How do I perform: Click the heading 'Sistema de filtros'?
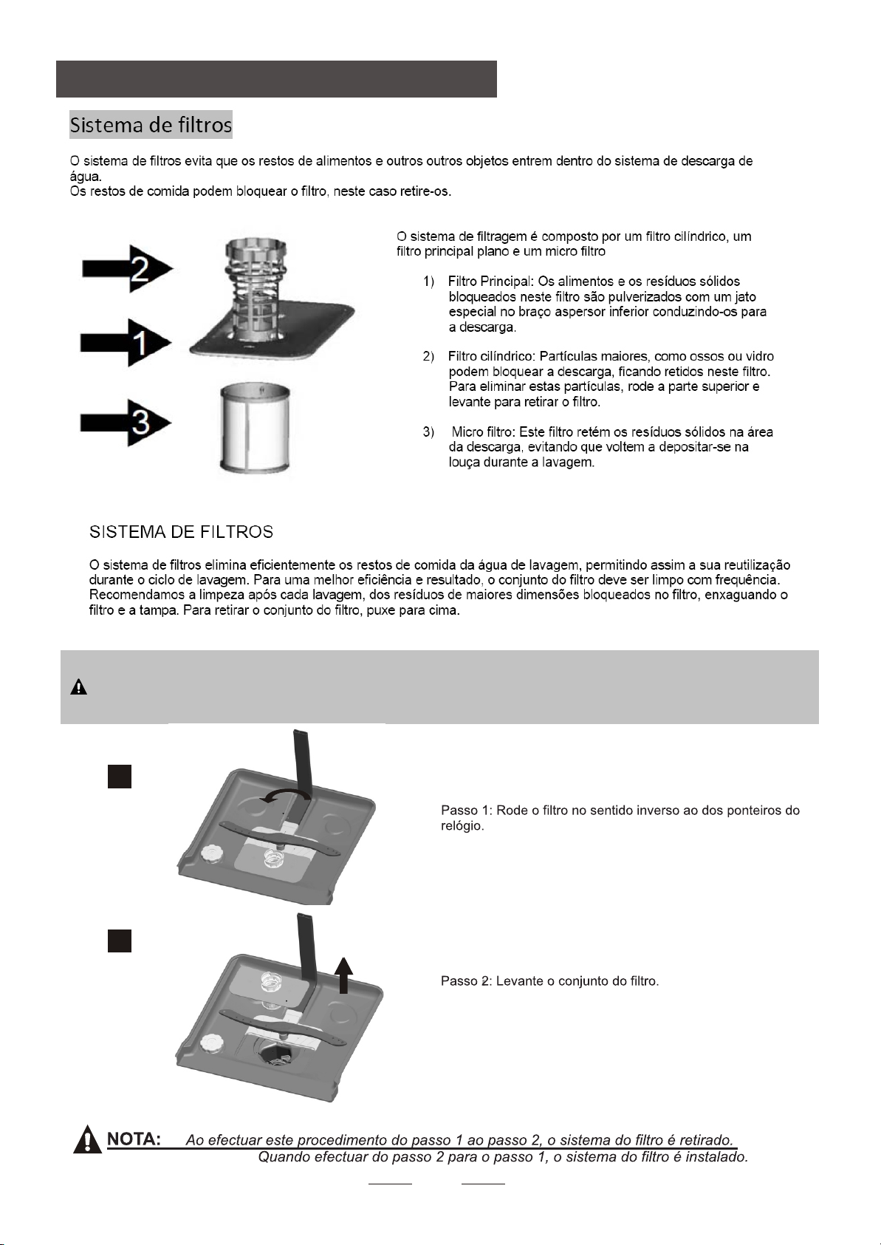[x=151, y=124]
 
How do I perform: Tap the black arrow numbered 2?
[x=126, y=269]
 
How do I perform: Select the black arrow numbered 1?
[x=126, y=342]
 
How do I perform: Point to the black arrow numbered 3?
[x=126, y=423]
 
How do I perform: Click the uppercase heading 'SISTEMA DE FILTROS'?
[x=181, y=532]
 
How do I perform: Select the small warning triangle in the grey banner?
[x=79, y=687]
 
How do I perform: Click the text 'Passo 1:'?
[x=465, y=811]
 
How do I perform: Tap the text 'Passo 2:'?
[x=465, y=981]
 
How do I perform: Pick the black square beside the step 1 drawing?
[x=120, y=777]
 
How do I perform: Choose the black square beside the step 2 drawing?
[x=120, y=940]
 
